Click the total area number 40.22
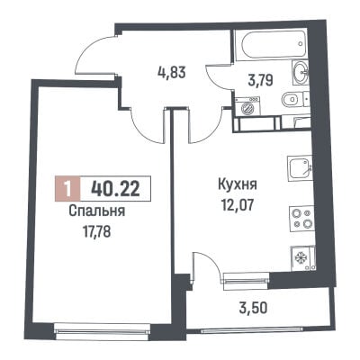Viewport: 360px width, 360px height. (115, 189)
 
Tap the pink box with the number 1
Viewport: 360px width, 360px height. (68, 189)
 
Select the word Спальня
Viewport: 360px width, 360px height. (97, 212)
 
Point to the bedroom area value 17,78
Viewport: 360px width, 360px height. (96, 231)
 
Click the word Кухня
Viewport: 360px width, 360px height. (238, 184)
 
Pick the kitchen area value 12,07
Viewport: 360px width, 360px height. (238, 205)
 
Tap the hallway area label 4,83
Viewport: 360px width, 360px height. (172, 73)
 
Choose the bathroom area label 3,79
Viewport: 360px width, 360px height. (260, 80)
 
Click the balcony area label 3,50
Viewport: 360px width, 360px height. (254, 308)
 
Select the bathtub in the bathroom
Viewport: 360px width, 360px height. (270, 43)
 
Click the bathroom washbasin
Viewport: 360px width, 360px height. (300, 71)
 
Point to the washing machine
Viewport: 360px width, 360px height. (247, 105)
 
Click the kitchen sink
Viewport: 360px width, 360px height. (301, 168)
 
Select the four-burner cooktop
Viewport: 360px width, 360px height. (301, 218)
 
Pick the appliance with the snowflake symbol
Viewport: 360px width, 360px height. (302, 258)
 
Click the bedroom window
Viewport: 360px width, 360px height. (102, 330)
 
